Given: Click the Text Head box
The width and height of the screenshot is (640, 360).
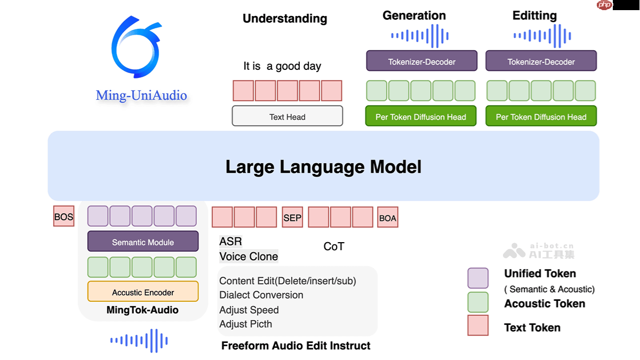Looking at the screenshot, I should tap(287, 116).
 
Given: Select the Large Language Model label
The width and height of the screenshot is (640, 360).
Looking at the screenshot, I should tap(323, 166).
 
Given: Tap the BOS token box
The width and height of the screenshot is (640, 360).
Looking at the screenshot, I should tap(63, 217).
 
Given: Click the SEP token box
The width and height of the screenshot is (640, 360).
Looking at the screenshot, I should tap(292, 217).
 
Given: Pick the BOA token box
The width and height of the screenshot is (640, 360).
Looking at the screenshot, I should tap(388, 217).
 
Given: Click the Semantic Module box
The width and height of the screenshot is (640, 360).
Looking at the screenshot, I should tap(143, 242).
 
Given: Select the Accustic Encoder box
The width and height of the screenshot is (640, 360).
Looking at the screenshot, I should tap(143, 292).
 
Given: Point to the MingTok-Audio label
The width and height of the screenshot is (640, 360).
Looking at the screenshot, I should tap(142, 310).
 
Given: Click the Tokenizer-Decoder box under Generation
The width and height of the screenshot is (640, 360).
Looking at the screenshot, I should tap(421, 61).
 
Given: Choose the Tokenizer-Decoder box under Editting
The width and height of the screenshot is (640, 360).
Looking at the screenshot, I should tap(541, 61).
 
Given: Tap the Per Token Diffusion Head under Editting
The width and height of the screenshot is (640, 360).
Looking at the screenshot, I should tap(541, 116).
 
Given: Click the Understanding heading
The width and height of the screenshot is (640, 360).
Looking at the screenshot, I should tap(285, 19).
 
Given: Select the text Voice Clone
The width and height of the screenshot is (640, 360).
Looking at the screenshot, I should tap(249, 257).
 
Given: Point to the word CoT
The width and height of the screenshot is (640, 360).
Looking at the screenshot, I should tap(334, 246).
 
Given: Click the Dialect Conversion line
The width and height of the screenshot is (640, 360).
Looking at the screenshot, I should tap(261, 295).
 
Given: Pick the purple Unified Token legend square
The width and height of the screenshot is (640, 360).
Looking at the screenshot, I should tap(478, 278).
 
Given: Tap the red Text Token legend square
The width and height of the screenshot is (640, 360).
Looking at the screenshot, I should tap(478, 325).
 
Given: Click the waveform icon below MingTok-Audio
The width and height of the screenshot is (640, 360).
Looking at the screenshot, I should tap(139, 340).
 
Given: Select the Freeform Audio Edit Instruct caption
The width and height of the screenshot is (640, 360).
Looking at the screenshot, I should tap(296, 346).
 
